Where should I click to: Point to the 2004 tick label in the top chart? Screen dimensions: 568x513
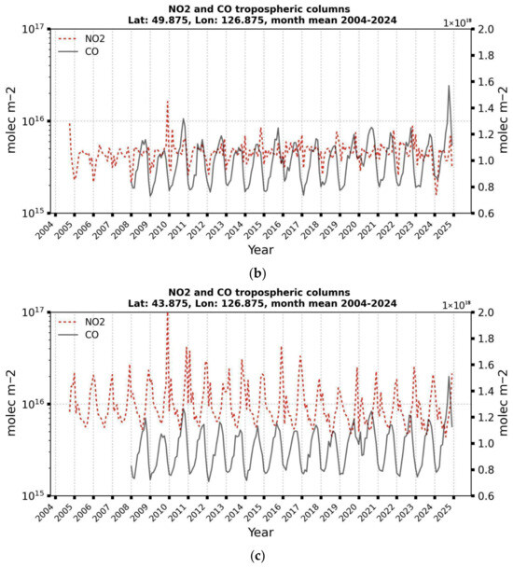pyautogui.click(x=54, y=228)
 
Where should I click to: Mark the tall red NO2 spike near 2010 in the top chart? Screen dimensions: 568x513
pyautogui.click(x=168, y=102)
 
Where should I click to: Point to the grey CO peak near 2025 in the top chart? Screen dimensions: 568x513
pyautogui.click(x=449, y=87)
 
